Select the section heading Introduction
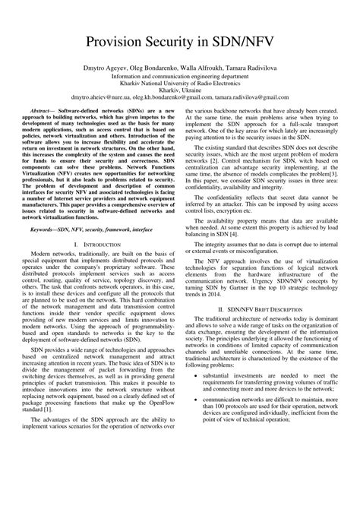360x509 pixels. tap(101, 242)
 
